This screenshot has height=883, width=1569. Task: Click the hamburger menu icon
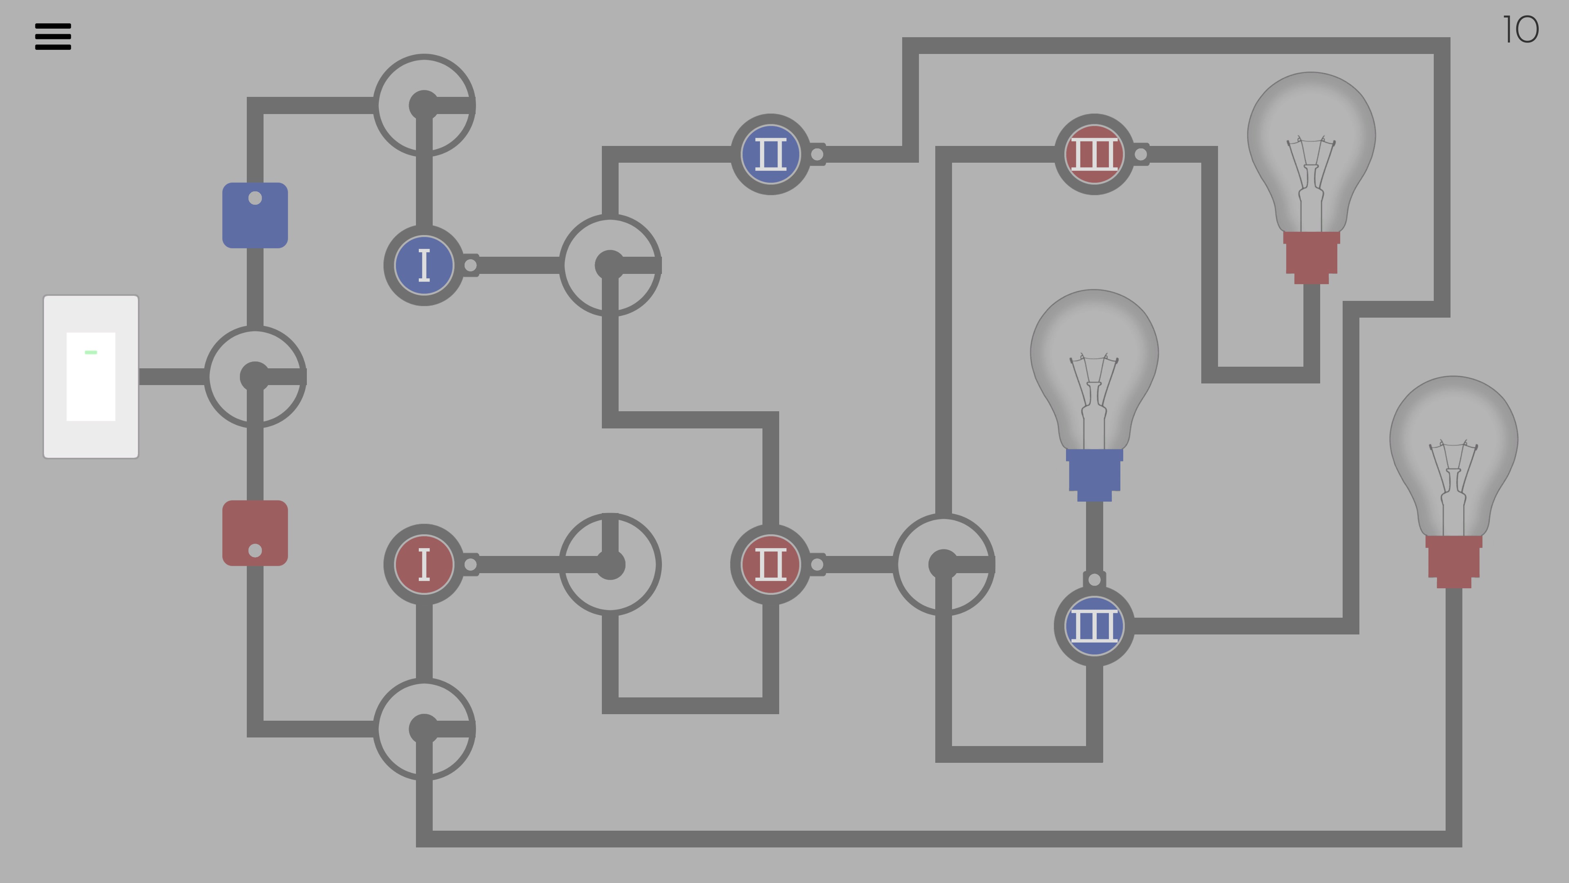point(53,36)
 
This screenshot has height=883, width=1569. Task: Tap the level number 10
point(1520,30)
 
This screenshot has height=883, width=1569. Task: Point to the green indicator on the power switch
point(91,352)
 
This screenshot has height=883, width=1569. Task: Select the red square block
point(255,533)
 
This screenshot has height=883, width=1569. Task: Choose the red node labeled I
point(424,564)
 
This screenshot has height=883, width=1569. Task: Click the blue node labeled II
point(771,154)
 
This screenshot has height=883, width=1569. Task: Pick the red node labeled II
point(771,564)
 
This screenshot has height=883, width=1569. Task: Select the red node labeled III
point(1094,154)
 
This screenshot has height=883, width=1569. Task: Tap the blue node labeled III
point(1094,626)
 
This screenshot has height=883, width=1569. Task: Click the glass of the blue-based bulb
point(1094,365)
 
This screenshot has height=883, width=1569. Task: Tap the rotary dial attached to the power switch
point(255,377)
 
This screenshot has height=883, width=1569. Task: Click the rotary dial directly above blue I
point(424,105)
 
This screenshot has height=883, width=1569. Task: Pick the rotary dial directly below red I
point(424,729)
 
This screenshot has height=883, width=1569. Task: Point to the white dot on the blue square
point(255,198)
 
